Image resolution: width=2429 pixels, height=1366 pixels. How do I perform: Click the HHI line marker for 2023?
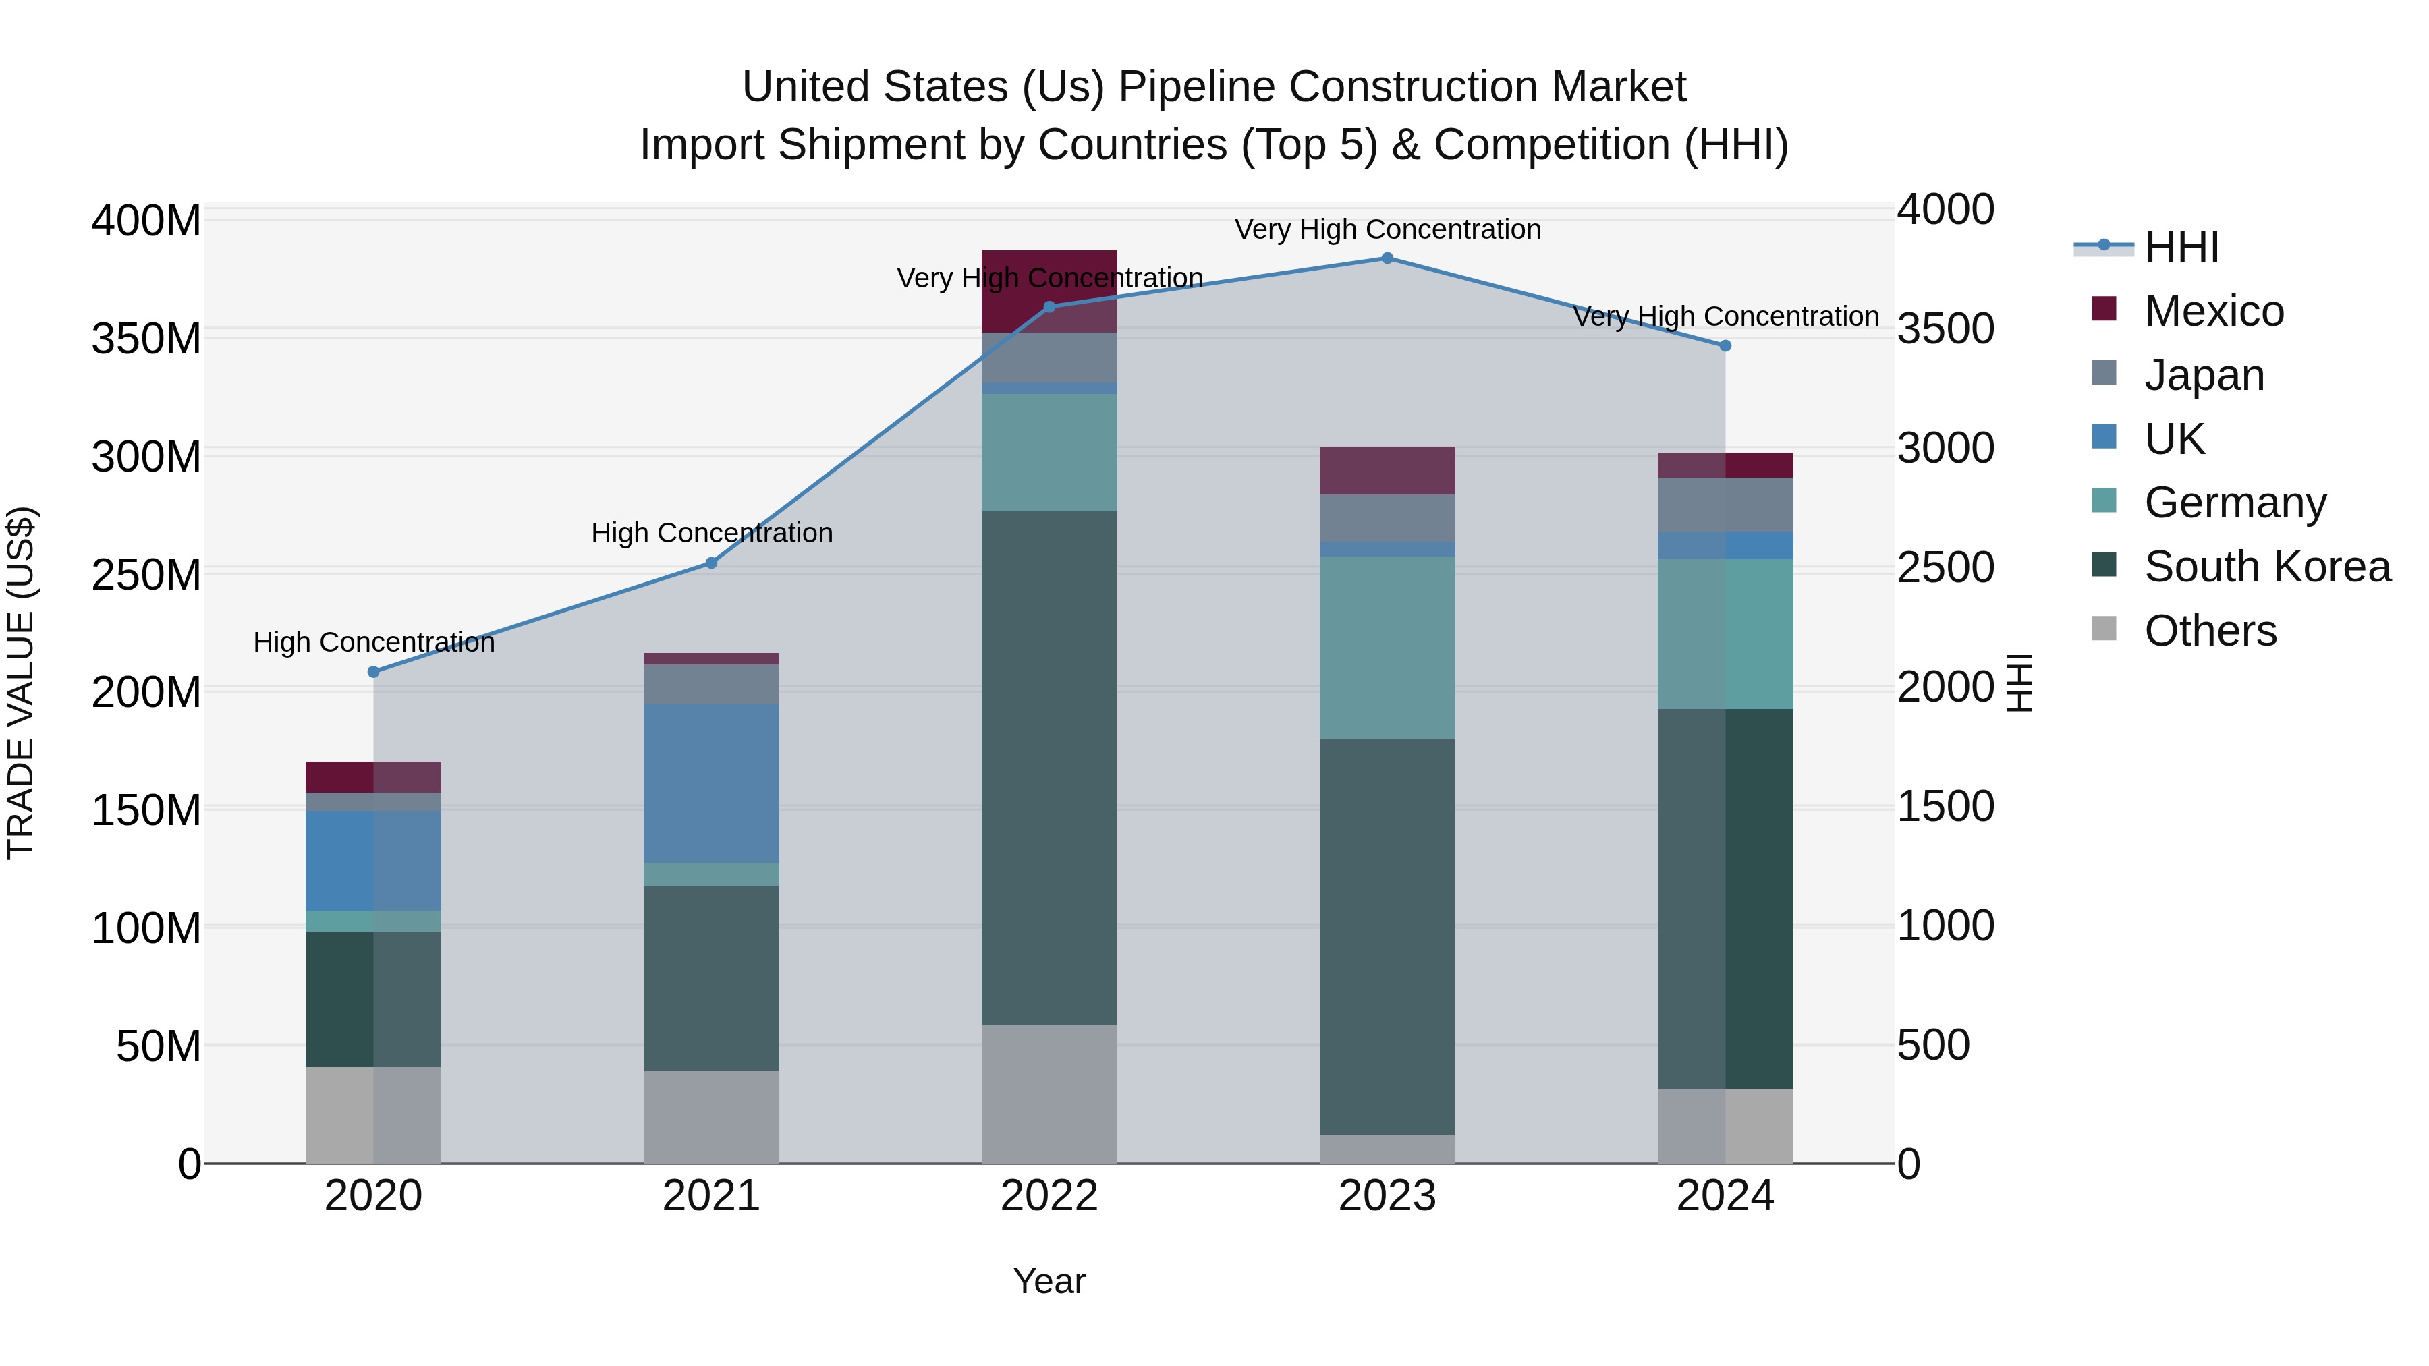[1387, 258]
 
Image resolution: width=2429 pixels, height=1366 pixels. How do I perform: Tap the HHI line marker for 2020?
[373, 672]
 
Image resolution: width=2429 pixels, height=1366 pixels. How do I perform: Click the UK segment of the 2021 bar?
[711, 783]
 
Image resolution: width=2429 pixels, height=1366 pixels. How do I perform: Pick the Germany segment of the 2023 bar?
[1387, 648]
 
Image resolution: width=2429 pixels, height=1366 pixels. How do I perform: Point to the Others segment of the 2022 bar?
[1049, 1093]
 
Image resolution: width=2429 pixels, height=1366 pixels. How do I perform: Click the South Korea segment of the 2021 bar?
[711, 977]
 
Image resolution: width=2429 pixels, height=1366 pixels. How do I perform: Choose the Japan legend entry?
[2203, 375]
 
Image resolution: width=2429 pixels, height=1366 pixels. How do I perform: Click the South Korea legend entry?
[2267, 567]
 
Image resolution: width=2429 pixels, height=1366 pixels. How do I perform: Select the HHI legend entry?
[2180, 247]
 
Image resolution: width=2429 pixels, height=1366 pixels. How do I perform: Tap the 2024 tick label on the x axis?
[1725, 1196]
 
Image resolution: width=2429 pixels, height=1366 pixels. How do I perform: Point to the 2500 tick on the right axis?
[1945, 567]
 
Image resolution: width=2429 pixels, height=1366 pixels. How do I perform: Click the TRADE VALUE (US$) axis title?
[22, 683]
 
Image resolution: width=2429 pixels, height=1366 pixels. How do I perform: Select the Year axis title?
[1049, 1281]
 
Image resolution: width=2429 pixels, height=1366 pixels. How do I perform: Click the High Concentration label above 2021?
[712, 534]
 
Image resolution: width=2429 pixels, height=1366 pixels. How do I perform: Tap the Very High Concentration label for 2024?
[1725, 317]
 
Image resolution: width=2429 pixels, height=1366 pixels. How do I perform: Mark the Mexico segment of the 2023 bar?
[1387, 470]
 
